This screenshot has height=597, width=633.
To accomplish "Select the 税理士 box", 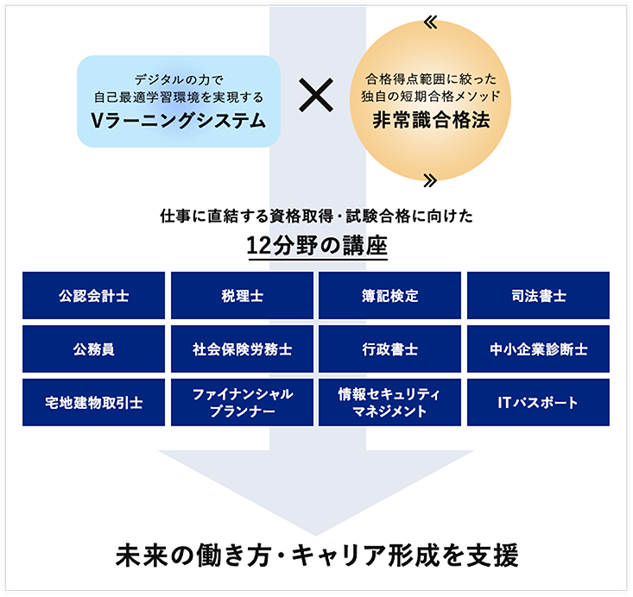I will (x=243, y=296).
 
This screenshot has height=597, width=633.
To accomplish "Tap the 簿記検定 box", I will (x=390, y=296).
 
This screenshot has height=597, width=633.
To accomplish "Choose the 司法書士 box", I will (x=538, y=296).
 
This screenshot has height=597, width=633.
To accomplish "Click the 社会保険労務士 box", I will (x=243, y=349).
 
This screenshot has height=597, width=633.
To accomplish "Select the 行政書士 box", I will (x=390, y=349).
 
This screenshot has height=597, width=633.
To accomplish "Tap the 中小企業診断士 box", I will (x=538, y=349).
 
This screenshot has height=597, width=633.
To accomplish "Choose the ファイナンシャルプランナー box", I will (x=243, y=403).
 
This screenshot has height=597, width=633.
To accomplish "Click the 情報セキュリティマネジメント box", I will (x=390, y=403).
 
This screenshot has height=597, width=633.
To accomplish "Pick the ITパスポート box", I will (x=538, y=403).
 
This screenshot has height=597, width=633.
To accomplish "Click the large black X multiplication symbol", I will (x=316, y=97).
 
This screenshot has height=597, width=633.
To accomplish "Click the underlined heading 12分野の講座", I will (x=316, y=245).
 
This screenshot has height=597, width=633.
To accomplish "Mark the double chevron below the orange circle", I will (x=431, y=179).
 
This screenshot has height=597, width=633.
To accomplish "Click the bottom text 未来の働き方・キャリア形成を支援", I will (x=316, y=555).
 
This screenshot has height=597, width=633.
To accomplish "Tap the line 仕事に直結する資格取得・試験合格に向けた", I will (x=316, y=217).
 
